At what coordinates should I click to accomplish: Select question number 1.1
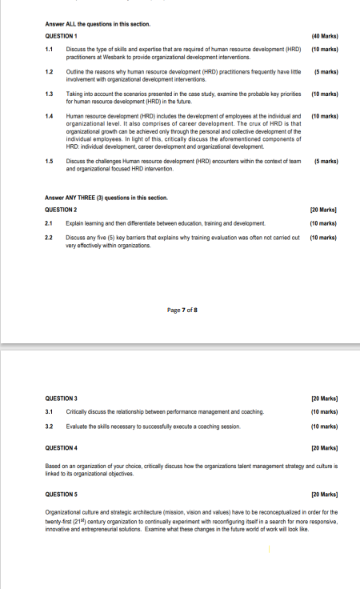click(49, 50)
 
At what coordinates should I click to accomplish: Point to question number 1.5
click(49, 161)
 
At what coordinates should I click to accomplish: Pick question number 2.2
click(49, 238)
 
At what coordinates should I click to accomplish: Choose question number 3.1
click(49, 411)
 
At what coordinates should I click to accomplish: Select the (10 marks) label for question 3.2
click(324, 427)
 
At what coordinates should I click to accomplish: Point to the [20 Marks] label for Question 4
click(324, 448)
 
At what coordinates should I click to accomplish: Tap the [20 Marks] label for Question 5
click(324, 495)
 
